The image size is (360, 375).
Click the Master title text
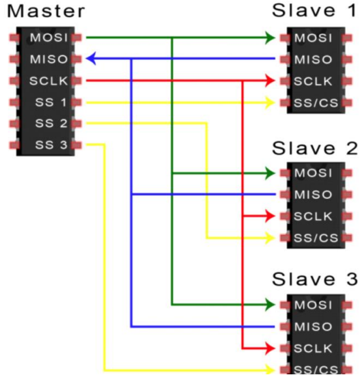[x=46, y=12]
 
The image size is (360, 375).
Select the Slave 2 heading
[x=314, y=148]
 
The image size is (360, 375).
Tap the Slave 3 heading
[x=314, y=279]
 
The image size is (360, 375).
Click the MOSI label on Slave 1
[x=314, y=37]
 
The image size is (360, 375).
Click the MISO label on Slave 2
[x=314, y=195]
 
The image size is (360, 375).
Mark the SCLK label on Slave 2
[x=314, y=217]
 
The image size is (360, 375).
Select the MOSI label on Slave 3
[x=314, y=304]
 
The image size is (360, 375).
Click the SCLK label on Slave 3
[x=314, y=348]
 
